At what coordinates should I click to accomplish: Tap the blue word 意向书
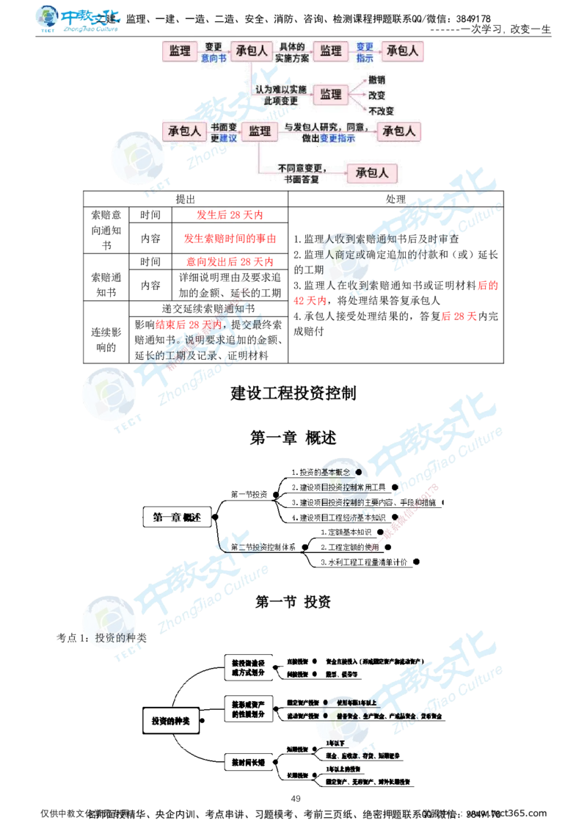(x=214, y=57)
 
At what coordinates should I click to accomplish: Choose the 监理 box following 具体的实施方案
(x=331, y=51)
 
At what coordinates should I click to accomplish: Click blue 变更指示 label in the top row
(x=365, y=51)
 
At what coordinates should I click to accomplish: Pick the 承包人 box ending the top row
(x=402, y=51)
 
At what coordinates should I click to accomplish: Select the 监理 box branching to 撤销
(x=331, y=94)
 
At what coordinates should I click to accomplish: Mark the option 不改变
(x=381, y=111)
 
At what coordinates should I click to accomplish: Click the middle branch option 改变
(x=377, y=95)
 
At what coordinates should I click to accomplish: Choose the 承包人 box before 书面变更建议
(x=184, y=131)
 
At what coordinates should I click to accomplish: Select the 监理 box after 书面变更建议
(x=260, y=131)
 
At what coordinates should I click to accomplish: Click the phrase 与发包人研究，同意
(x=327, y=126)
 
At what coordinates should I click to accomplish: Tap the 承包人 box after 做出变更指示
(x=399, y=131)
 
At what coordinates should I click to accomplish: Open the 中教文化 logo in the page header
(x=79, y=20)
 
